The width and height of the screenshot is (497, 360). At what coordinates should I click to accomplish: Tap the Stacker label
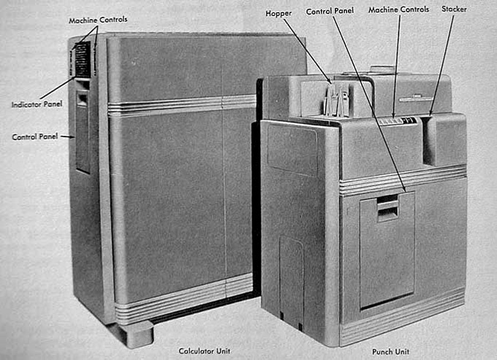click(454, 9)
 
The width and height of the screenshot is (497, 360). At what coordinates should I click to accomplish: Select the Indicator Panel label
click(37, 104)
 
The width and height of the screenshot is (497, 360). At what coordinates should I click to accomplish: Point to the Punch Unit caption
click(390, 351)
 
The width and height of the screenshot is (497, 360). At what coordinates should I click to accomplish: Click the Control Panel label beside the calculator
click(35, 137)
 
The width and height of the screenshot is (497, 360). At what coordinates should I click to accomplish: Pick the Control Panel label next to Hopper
click(331, 11)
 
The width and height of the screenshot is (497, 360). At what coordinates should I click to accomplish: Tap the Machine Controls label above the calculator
click(98, 19)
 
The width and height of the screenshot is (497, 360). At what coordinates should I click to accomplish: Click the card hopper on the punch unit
click(338, 100)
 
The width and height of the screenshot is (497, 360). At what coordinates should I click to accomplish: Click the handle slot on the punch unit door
click(388, 208)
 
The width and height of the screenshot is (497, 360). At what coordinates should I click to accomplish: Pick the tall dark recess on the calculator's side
click(83, 135)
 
